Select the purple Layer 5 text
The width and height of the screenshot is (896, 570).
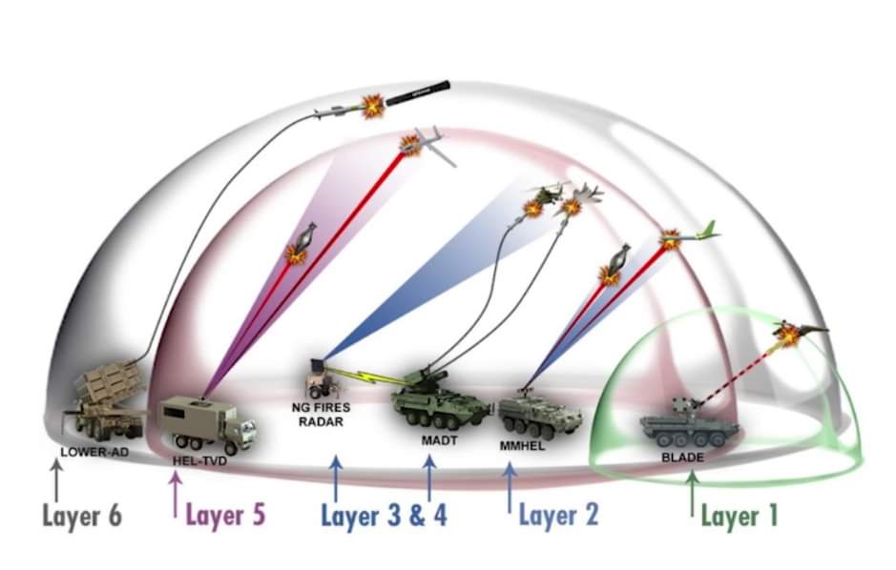click(x=225, y=515)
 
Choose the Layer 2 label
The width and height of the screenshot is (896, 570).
click(x=558, y=516)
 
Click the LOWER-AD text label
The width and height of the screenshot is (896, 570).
click(x=94, y=451)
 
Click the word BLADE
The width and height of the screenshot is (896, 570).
click(x=681, y=458)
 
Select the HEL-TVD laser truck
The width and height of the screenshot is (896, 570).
click(x=206, y=423)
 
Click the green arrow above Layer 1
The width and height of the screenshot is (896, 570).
click(x=691, y=492)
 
